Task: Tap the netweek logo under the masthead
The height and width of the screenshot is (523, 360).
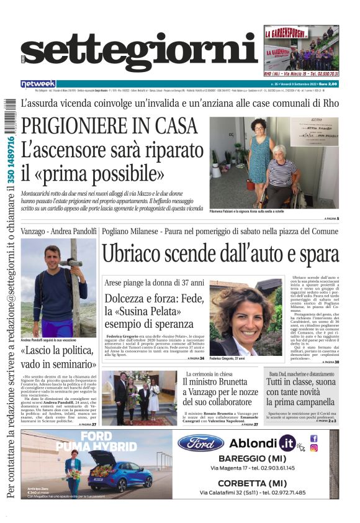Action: coord(38,83)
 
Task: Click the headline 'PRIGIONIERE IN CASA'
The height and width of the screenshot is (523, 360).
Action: coord(109,126)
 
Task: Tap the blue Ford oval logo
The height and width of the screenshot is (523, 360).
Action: coord(200,443)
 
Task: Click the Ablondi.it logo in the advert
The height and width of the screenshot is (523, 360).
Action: coord(262,443)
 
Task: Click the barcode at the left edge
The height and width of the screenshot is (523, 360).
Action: coord(9,118)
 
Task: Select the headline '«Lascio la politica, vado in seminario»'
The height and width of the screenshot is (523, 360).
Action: coord(58,358)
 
